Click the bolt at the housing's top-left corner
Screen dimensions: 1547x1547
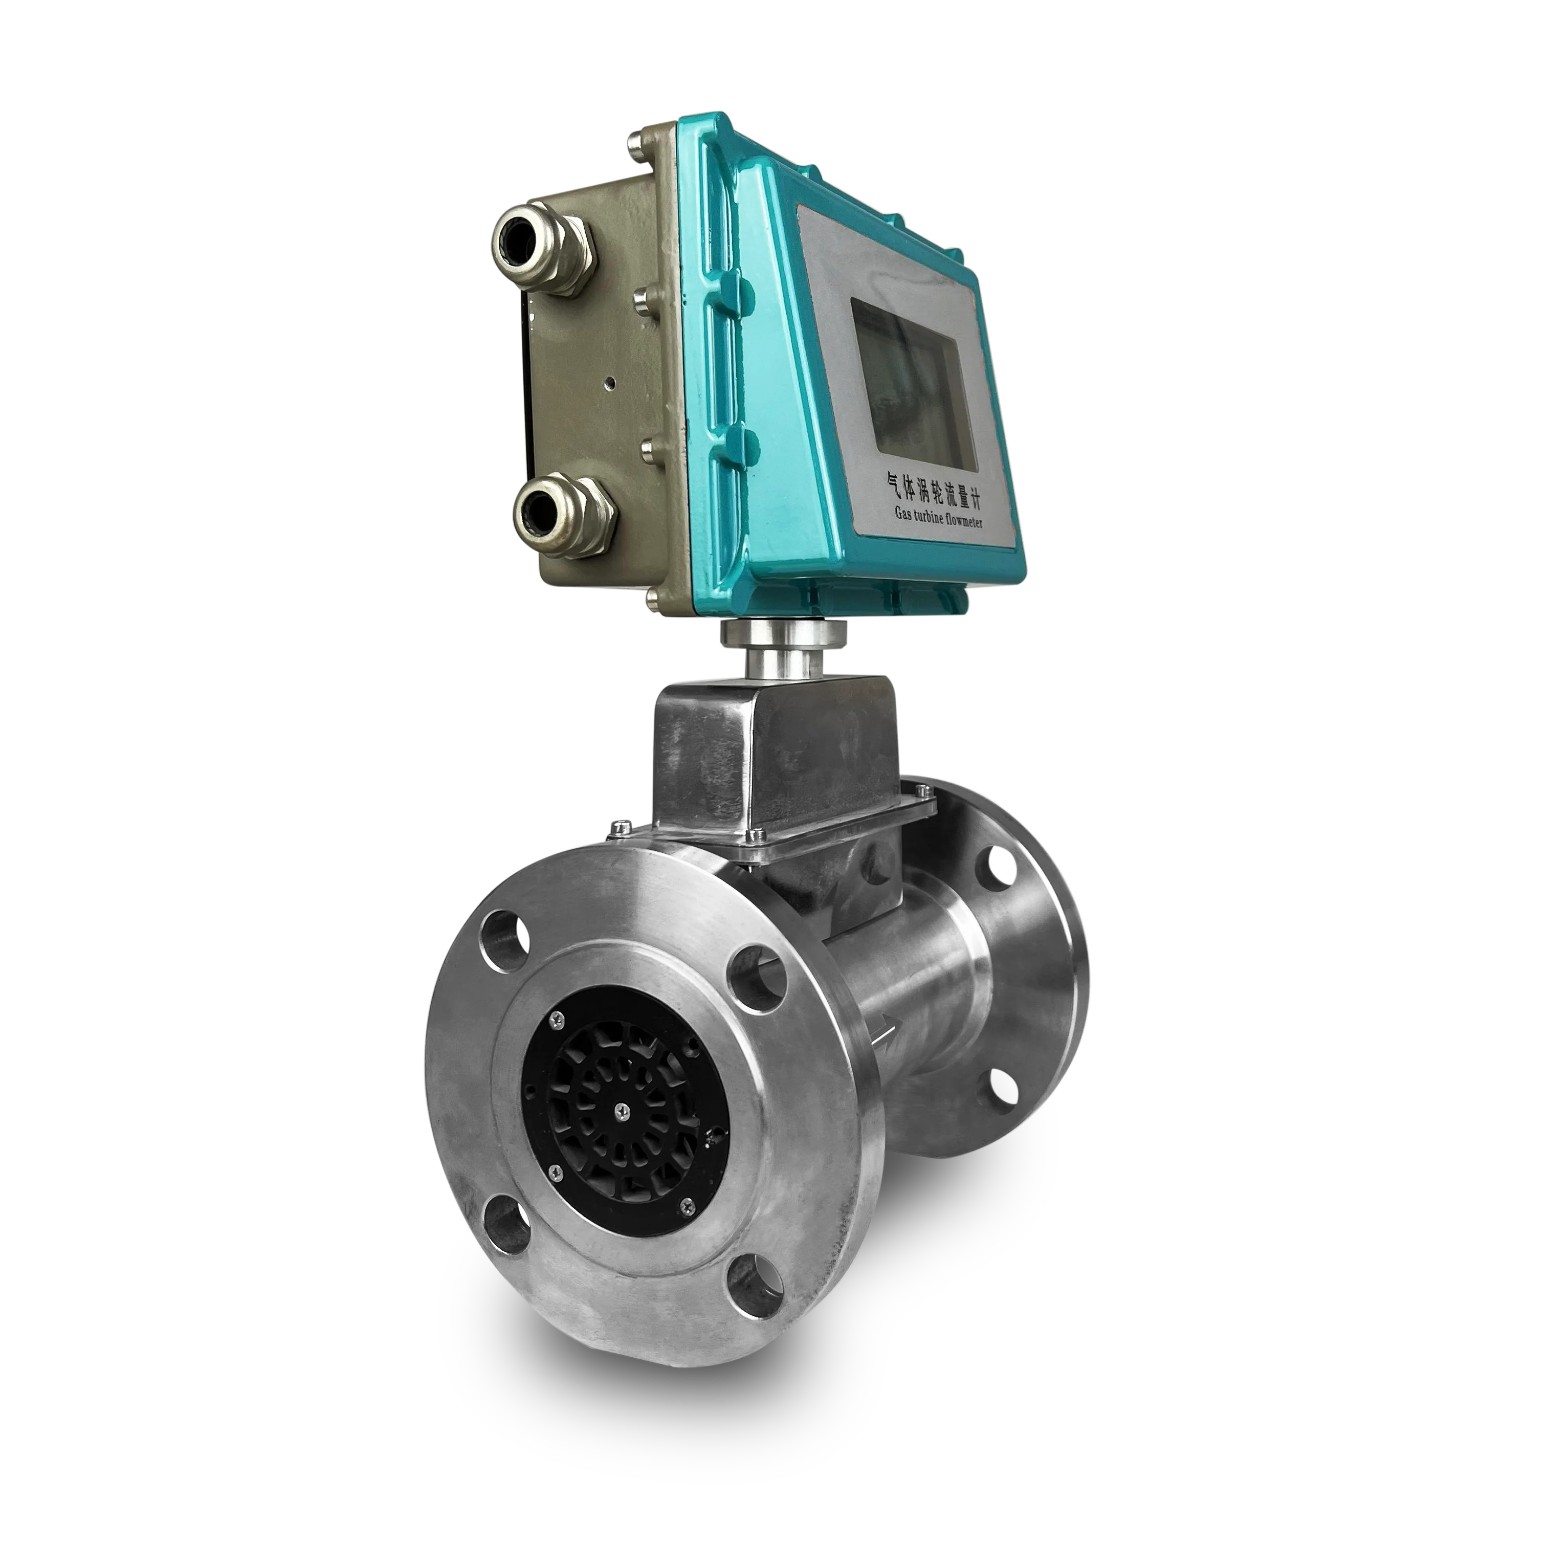(637, 143)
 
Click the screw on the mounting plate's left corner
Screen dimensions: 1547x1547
(616, 826)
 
